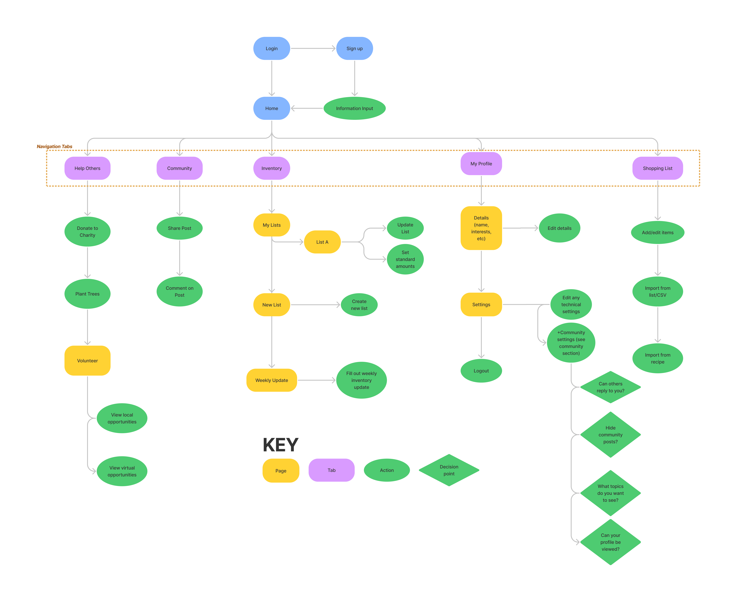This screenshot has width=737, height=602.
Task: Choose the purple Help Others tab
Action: pyautogui.click(x=87, y=168)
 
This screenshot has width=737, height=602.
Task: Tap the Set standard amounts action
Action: pyautogui.click(x=405, y=259)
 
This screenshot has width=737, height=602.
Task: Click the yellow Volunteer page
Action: pyautogui.click(x=87, y=361)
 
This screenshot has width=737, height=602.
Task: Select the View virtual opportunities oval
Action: pyautogui.click(x=122, y=471)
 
